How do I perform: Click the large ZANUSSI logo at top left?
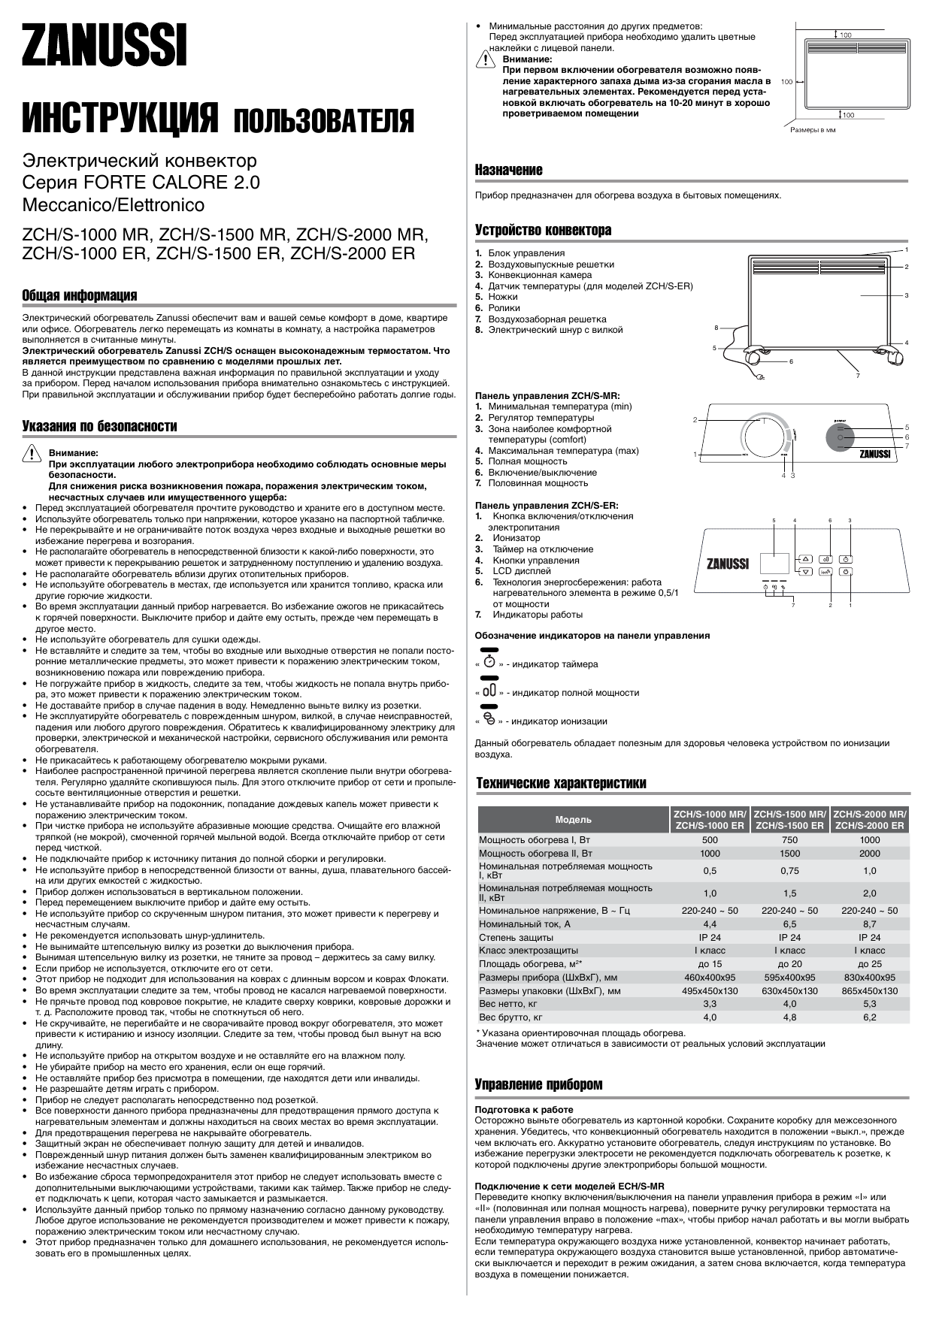tap(105, 47)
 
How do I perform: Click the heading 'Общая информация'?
tap(80, 295)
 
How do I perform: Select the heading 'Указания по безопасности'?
tap(100, 427)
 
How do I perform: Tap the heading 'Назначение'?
tap(508, 171)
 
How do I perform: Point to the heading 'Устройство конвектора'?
tap(543, 230)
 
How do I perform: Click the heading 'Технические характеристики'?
tap(561, 784)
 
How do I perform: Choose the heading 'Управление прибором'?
tap(538, 1084)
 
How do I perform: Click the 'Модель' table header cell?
tap(573, 819)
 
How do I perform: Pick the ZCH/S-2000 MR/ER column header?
tap(869, 819)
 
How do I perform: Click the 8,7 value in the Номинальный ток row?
tap(869, 924)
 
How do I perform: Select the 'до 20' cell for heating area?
tap(789, 964)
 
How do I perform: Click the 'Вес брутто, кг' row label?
tap(510, 1017)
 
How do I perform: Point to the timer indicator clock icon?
tap(489, 662)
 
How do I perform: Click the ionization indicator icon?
tap(489, 719)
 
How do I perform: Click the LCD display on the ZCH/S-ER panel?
tap(774, 565)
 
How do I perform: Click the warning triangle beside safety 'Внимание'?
tap(32, 454)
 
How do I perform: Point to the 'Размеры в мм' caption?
tap(812, 130)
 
